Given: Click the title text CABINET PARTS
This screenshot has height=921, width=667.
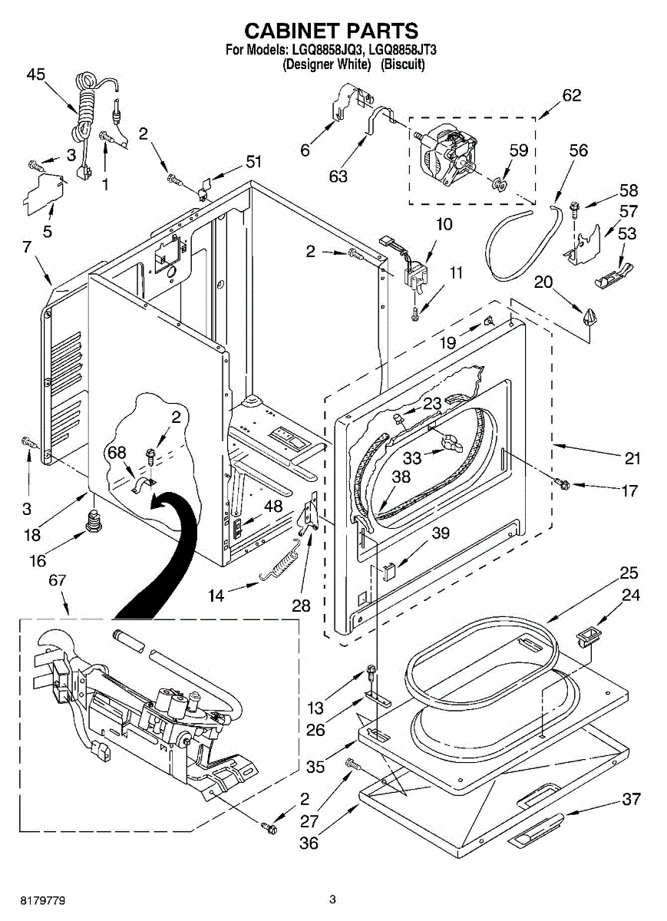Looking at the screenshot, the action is tap(331, 31).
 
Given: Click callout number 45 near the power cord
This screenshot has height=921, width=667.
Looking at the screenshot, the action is tap(36, 74).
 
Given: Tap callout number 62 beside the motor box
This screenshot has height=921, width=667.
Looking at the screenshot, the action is tap(572, 95).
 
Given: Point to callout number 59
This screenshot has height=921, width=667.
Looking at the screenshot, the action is tap(519, 150).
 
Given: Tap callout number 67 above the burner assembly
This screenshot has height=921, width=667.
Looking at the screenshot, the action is tap(57, 580).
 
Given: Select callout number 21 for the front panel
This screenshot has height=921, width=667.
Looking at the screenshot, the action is tap(632, 458).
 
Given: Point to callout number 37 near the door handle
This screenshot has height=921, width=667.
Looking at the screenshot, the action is tap(632, 799).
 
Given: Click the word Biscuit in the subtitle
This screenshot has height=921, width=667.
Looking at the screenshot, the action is tap(403, 64).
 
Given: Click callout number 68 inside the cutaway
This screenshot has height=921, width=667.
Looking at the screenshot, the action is tap(117, 453).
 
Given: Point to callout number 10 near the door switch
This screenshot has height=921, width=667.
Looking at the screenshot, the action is tap(444, 224).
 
